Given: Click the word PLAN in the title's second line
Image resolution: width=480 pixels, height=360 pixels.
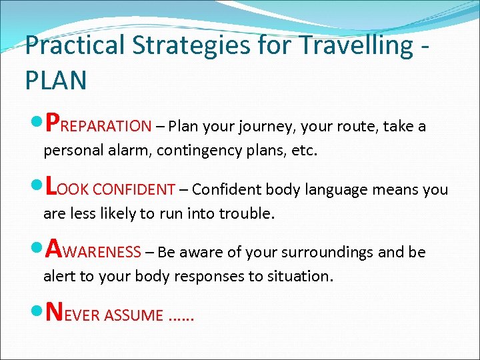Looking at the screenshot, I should coord(56,80).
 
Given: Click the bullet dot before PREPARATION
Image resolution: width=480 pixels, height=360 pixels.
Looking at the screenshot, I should coord(37,125).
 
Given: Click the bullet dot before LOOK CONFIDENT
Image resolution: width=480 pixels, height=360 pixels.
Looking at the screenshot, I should coord(37,189).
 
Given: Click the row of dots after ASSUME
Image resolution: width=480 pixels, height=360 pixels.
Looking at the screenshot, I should coord(179,318).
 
